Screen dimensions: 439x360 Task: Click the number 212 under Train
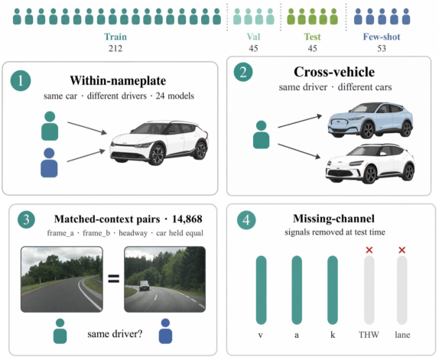point(115,48)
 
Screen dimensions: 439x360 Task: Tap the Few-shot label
point(382,37)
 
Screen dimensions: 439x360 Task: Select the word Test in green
point(313,37)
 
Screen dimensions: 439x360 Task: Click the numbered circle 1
point(21,80)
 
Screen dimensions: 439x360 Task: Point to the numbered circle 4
point(246,220)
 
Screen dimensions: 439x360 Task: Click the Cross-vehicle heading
point(334,72)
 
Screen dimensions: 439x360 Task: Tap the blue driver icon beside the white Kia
point(49,163)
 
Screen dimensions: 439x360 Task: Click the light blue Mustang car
point(370,120)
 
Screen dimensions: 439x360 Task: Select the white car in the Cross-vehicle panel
point(370,164)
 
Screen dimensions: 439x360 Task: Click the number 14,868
point(187,219)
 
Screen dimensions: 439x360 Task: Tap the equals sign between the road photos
point(114,278)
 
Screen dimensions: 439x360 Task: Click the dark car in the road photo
point(145,286)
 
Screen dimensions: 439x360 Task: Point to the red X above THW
point(369,250)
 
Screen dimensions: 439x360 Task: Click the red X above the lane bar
point(402,250)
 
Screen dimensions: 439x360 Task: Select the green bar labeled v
point(262,290)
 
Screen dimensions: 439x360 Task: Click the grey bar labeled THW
point(369,290)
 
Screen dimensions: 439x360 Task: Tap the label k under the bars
point(333,335)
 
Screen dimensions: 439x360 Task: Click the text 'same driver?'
point(115,334)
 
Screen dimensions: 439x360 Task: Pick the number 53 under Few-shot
point(382,48)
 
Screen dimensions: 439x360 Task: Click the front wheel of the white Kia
point(157,154)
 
